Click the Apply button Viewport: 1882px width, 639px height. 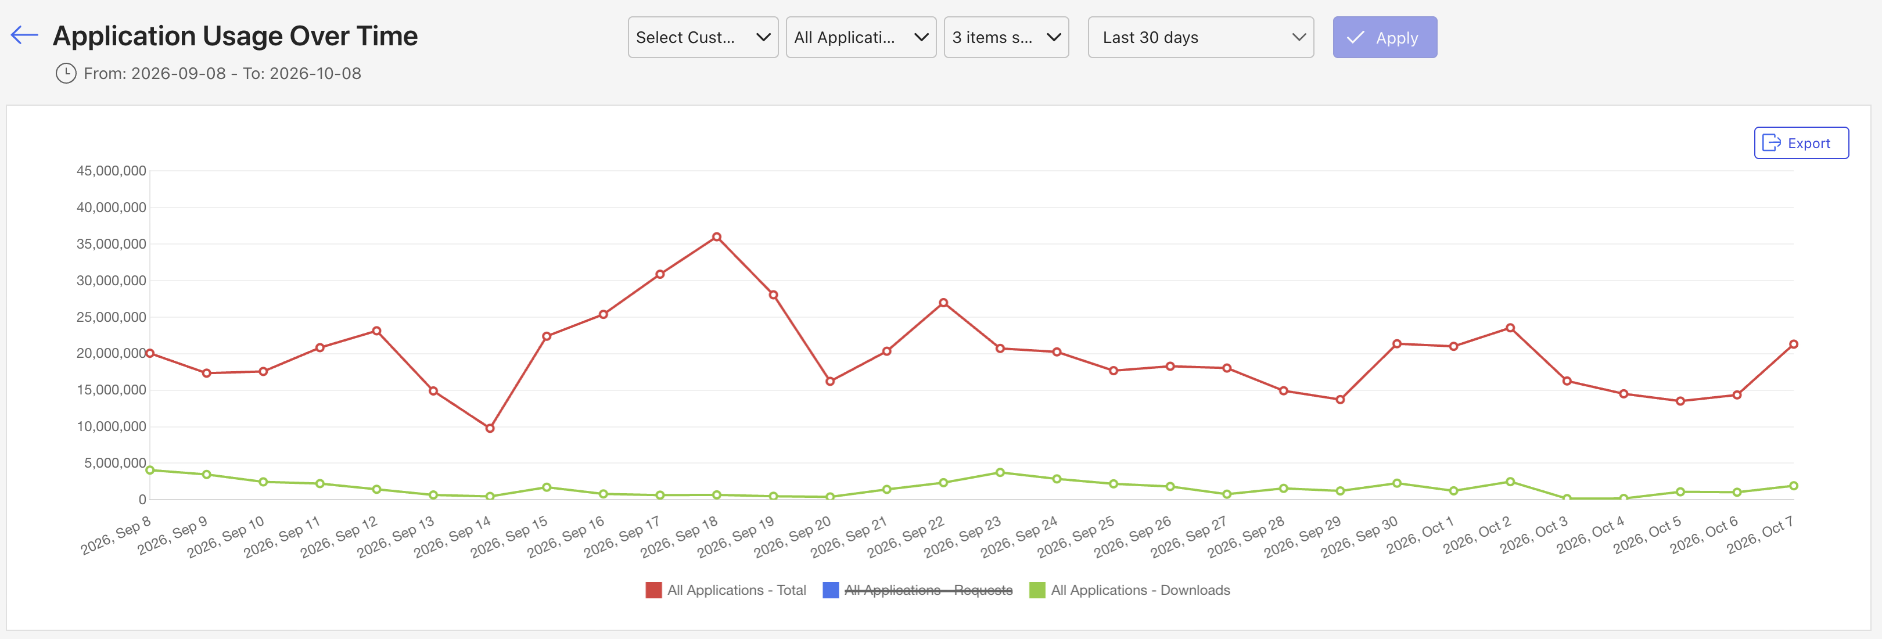click(1384, 37)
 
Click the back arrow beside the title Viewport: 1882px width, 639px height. click(24, 34)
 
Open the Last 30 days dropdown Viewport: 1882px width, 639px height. click(1201, 37)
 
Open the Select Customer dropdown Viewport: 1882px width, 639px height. click(703, 37)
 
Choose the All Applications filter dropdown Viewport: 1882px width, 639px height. click(861, 37)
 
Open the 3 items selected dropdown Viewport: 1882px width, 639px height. click(1006, 37)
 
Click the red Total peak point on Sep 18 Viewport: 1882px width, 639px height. click(717, 236)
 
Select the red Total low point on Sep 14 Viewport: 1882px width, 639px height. click(490, 428)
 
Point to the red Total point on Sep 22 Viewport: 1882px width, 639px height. click(943, 302)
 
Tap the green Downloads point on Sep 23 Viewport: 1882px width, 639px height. click(1000, 472)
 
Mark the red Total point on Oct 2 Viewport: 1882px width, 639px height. click(1510, 328)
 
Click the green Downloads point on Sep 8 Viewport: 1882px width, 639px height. click(150, 469)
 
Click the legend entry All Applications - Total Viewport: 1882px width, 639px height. click(725, 590)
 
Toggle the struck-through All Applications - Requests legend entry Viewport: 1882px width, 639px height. click(918, 590)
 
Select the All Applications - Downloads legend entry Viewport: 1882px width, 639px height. click(1130, 590)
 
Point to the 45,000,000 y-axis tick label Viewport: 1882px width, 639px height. click(111, 171)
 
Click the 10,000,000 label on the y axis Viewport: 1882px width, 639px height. click(111, 426)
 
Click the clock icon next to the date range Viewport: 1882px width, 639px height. click(66, 73)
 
